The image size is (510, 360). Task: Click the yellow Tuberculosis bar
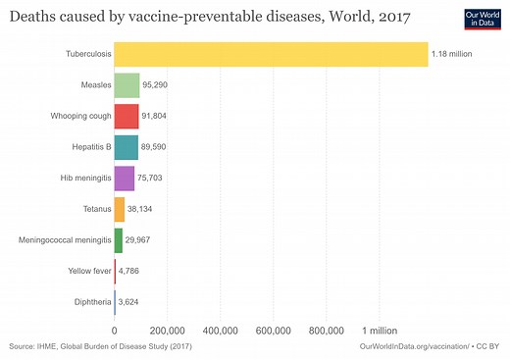271,55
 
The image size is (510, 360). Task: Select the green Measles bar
127,86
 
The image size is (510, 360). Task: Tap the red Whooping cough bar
127,117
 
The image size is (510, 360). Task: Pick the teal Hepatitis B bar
126,147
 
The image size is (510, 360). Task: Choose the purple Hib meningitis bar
124,179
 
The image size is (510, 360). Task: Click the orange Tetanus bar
120,209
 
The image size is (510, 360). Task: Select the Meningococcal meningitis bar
119,239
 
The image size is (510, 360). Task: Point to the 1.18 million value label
452,55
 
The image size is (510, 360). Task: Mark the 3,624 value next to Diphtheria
134,301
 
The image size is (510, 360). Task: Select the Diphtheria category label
88,301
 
